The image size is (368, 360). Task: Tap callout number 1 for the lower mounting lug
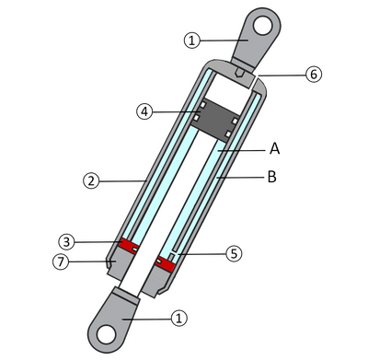[180, 317]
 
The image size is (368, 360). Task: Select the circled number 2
[90, 181]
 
